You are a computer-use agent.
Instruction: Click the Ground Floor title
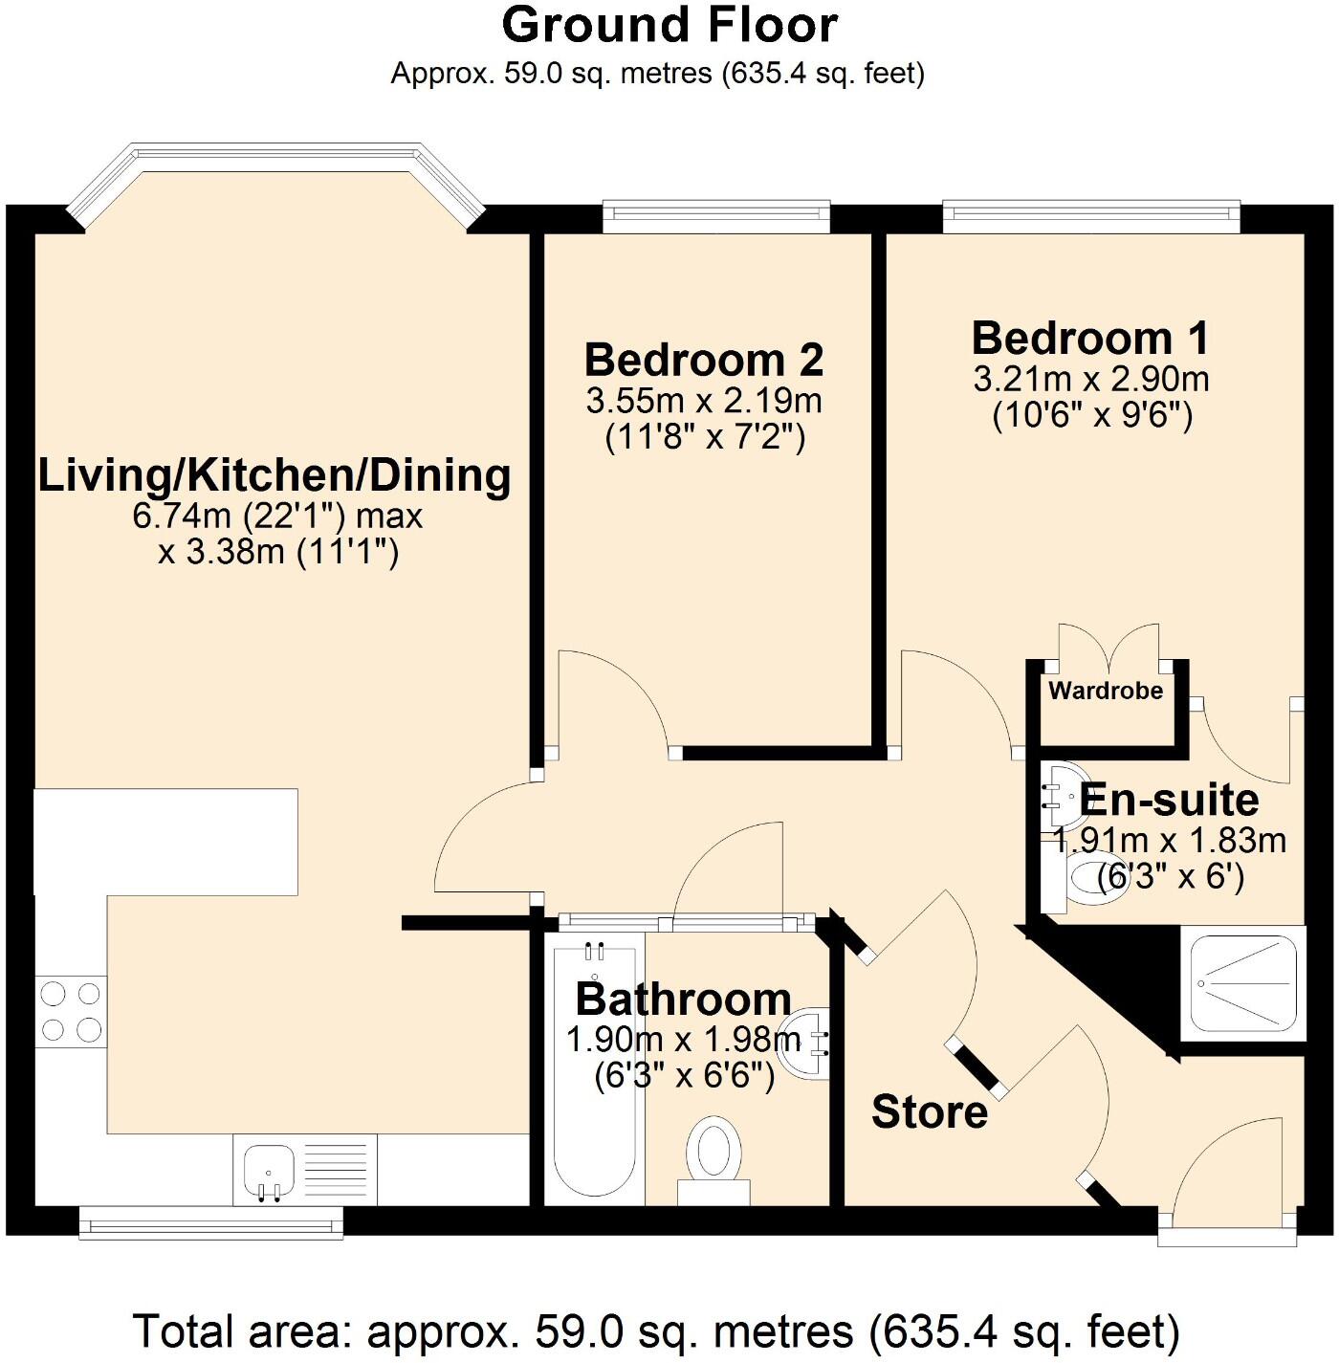pos(669,26)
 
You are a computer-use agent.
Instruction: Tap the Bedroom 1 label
pos(1090,338)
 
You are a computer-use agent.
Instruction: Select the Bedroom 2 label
pos(704,360)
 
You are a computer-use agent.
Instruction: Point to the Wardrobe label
pos(1106,691)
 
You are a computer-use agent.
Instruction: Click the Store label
pos(930,1111)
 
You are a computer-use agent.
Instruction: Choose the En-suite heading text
pos(1169,800)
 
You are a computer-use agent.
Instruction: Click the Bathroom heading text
pos(683,999)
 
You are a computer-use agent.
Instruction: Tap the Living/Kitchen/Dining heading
pos(274,476)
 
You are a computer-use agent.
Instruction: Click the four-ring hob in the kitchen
pos(71,1012)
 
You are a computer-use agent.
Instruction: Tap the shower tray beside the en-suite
pos(1243,982)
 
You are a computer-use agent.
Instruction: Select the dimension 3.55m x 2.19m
pos(704,401)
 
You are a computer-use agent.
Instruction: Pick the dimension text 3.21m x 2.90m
pos(1091,379)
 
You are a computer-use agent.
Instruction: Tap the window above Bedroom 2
pos(715,216)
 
